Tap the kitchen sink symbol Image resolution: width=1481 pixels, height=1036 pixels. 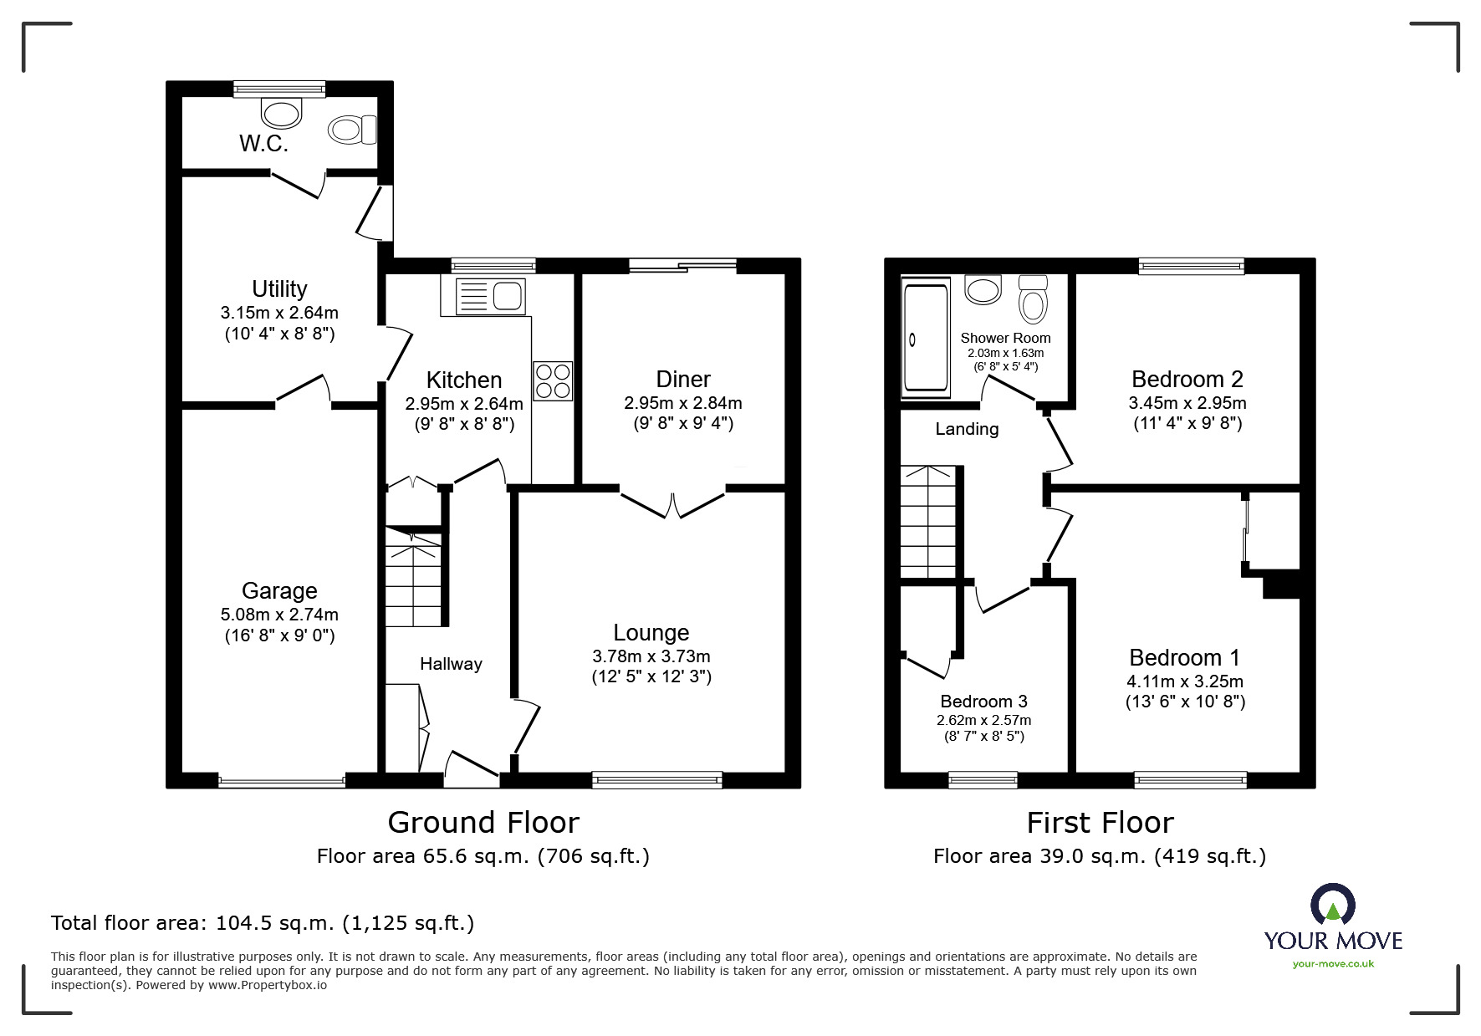tap(490, 296)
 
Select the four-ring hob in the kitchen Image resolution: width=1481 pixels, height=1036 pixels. tap(553, 380)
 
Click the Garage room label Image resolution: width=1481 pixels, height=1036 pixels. tap(279, 591)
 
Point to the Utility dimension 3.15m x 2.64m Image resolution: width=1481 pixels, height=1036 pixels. tap(279, 313)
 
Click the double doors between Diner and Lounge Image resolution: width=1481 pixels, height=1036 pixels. tap(672, 504)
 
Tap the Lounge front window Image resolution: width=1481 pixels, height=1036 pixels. tap(656, 779)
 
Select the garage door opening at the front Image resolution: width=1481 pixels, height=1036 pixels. tap(282, 782)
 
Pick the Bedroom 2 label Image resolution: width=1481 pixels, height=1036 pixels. tap(1187, 380)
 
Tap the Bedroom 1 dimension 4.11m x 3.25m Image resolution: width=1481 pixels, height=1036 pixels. tap(1185, 681)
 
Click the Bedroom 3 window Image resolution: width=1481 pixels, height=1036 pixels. tap(983, 779)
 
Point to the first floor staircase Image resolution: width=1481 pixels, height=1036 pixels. tap(928, 522)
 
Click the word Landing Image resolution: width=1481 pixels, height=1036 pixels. tap(967, 429)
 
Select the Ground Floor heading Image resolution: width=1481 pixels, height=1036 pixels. tap(483, 823)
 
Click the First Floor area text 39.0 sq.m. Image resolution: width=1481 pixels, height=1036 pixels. tap(1099, 856)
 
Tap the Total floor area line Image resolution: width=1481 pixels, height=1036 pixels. tap(263, 923)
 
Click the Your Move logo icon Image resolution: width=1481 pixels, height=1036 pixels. tap(1332, 906)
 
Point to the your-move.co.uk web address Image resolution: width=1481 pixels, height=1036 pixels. tap(1333, 964)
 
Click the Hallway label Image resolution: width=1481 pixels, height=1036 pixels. tap(451, 664)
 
